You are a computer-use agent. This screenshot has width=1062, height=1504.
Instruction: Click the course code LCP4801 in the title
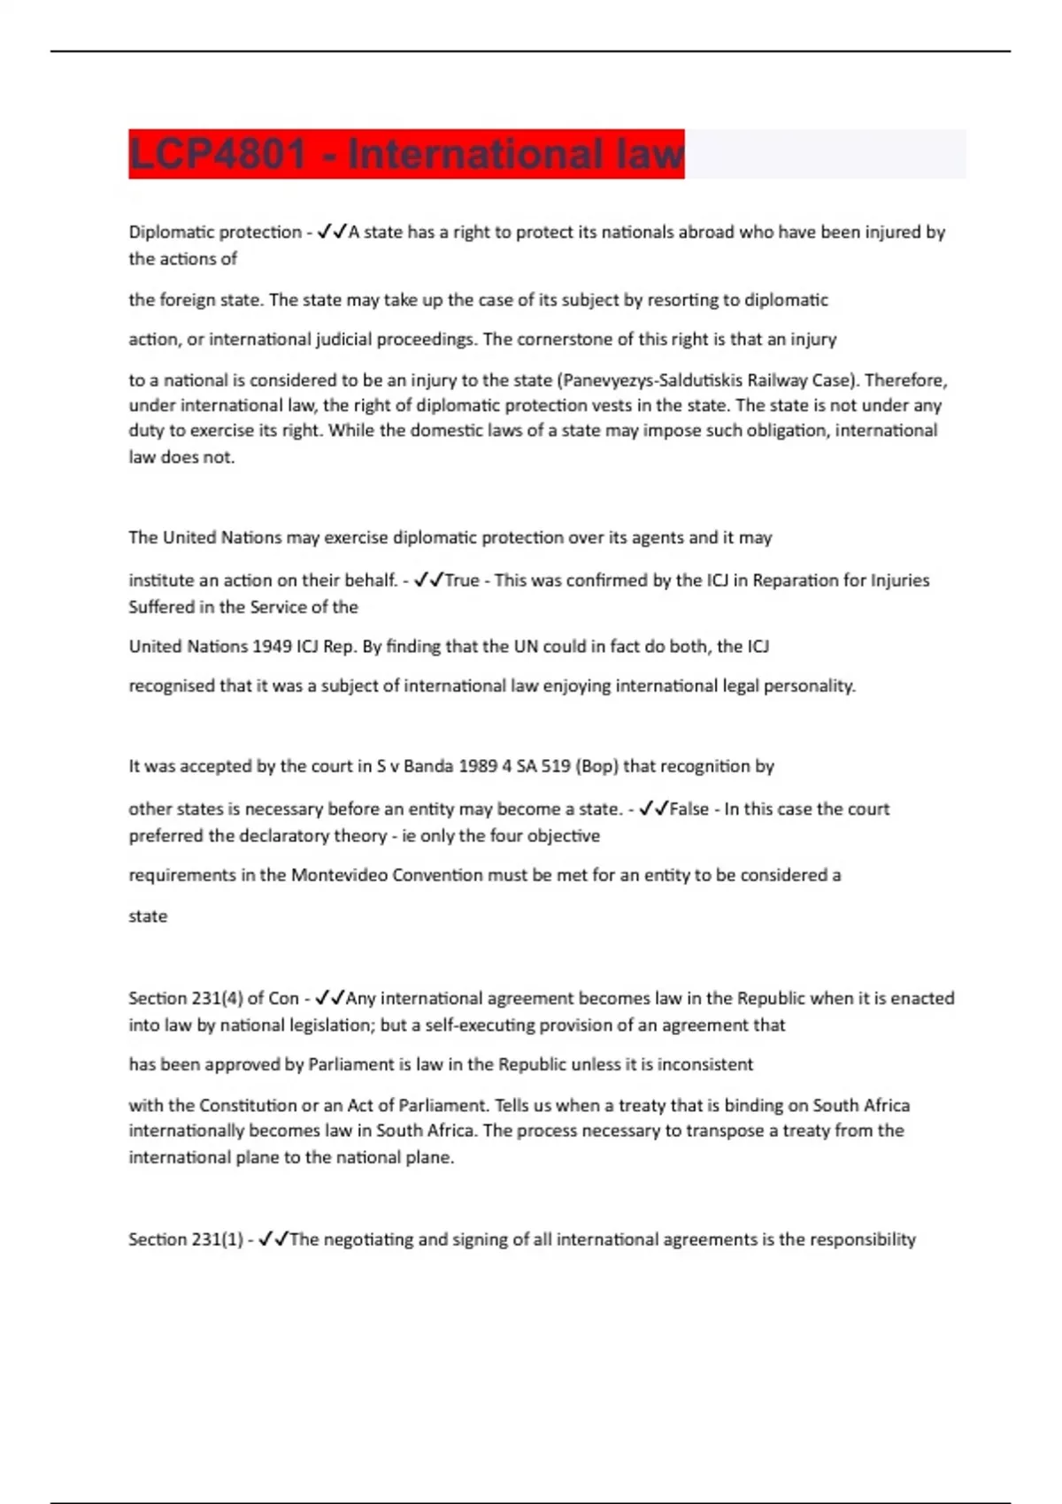pos(218,154)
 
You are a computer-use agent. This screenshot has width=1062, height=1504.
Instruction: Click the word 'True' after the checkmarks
pos(461,580)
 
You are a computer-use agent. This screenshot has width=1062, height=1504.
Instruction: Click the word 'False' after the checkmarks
pos(689,809)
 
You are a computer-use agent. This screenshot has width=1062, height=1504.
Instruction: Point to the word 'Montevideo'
pos(339,875)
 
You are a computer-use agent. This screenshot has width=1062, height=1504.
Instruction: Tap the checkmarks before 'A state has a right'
pos(331,232)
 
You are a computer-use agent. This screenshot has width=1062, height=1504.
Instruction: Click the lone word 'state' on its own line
pos(148,917)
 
